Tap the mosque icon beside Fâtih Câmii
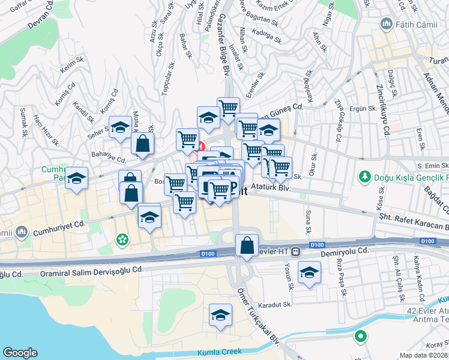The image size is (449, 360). click(387, 25)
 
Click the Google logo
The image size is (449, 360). click(20, 353)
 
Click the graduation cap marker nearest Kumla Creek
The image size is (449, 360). click(220, 314)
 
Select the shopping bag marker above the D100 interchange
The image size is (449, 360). click(247, 245)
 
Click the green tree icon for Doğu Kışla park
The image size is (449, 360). click(363, 177)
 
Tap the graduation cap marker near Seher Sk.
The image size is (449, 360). click(120, 127)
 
